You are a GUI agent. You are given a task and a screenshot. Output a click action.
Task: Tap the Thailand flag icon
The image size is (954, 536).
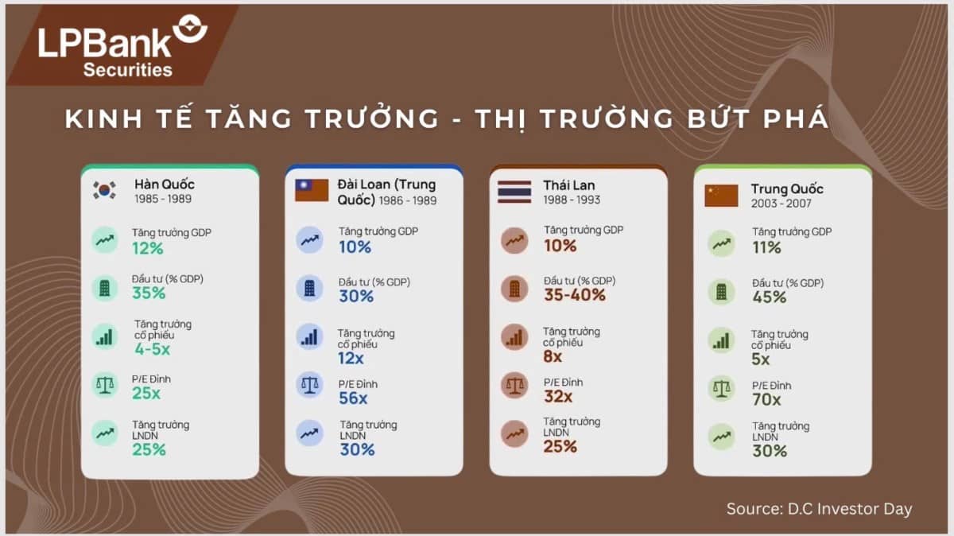(514, 192)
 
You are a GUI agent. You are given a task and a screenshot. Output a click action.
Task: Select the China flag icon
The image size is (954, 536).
(721, 196)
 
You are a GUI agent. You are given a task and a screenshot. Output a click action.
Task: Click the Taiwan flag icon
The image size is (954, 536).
(312, 190)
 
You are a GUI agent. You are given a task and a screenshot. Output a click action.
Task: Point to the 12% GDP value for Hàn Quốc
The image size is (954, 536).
(148, 249)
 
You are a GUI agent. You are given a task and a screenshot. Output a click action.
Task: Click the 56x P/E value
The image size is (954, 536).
(353, 399)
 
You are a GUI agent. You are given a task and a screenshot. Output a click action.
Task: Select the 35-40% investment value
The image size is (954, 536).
(575, 295)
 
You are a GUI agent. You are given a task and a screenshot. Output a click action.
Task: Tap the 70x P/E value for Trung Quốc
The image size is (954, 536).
(767, 400)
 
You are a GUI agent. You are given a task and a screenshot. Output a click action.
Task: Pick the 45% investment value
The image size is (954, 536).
(769, 297)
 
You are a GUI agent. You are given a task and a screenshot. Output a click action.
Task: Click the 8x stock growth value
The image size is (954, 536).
(553, 357)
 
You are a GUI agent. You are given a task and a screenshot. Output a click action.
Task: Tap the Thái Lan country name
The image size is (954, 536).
(569, 185)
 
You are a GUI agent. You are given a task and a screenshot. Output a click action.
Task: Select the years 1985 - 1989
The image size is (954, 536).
(163, 200)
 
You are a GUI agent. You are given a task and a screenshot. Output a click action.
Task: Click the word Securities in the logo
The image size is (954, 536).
(127, 70)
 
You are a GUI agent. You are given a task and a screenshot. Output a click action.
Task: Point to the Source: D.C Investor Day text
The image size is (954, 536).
(819, 509)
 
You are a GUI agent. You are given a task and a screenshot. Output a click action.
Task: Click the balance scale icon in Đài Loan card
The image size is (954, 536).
(309, 386)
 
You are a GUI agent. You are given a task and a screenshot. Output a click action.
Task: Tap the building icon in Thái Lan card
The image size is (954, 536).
(514, 289)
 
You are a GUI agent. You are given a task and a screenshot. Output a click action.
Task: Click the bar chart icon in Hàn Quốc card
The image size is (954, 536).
(104, 336)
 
